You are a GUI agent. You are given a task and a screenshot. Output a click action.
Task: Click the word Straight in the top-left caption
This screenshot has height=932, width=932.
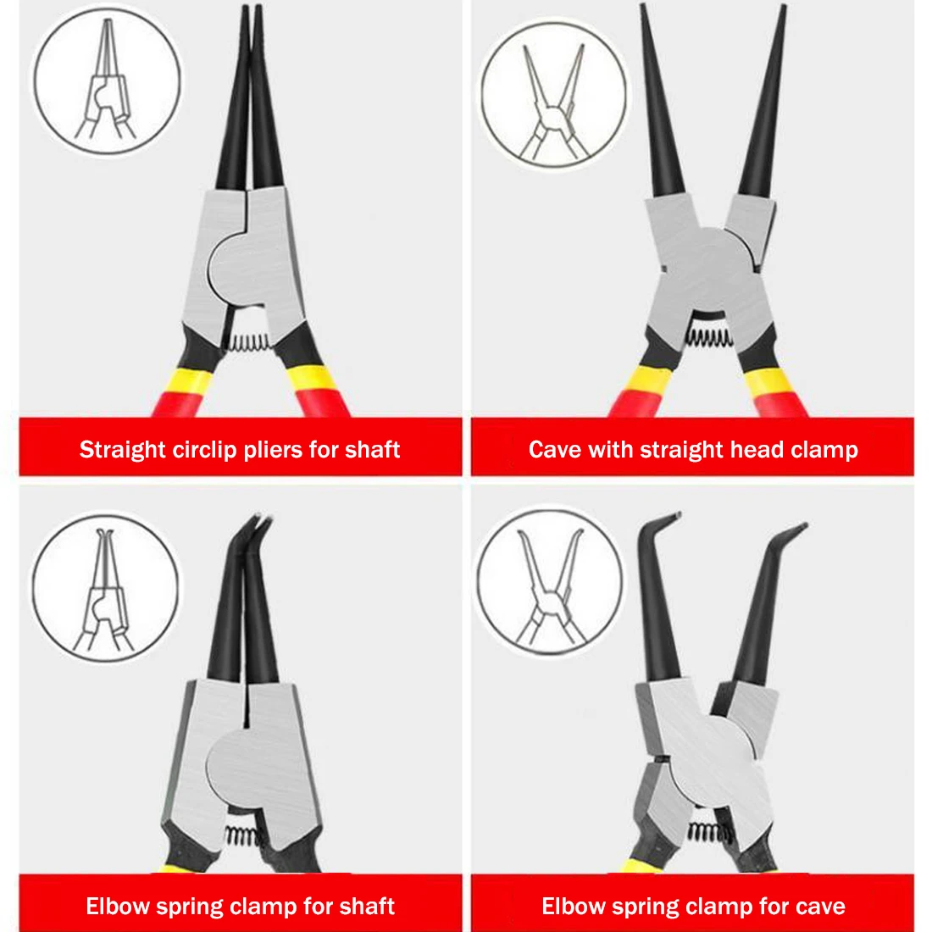tap(123, 449)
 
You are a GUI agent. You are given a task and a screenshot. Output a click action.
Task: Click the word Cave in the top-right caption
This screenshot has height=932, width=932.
tap(554, 449)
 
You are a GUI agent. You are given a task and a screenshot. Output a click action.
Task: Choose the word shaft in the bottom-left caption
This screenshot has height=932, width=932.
tap(366, 907)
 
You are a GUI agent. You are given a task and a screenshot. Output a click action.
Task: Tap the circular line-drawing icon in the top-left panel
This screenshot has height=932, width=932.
tap(108, 80)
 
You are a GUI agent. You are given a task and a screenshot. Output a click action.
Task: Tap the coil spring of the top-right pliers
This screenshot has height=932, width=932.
tap(707, 338)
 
